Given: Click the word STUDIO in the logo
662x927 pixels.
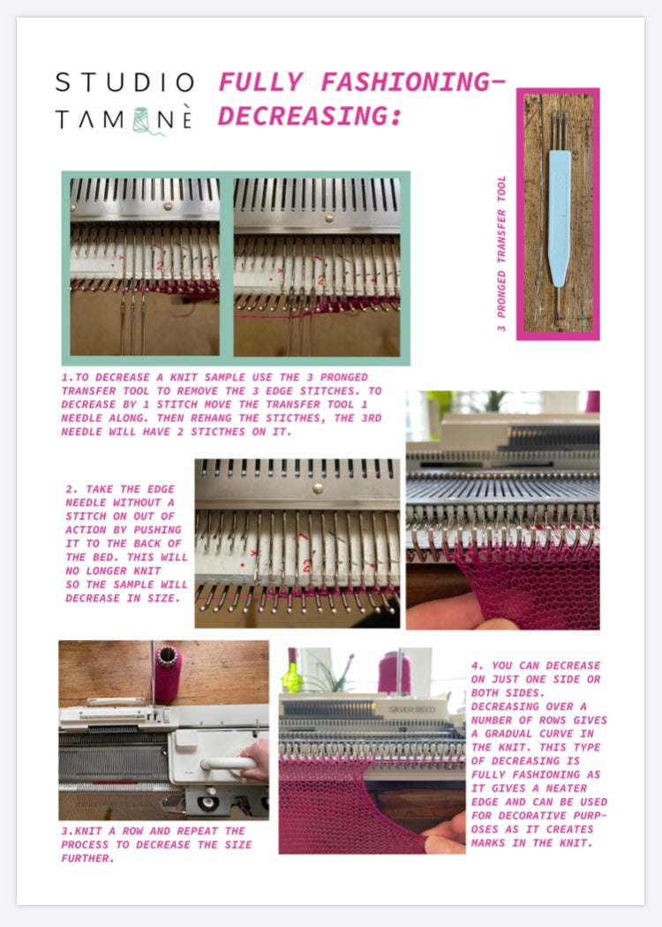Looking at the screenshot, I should coord(124,82).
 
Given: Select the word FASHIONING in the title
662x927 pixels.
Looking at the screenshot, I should coord(401,82).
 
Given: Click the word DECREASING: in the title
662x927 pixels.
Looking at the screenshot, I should coord(309,116).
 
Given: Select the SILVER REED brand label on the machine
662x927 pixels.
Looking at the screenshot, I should coord(412,709).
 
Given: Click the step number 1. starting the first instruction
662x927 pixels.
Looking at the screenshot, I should coord(66,377).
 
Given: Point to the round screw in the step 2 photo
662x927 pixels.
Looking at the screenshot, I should coord(316,486).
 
